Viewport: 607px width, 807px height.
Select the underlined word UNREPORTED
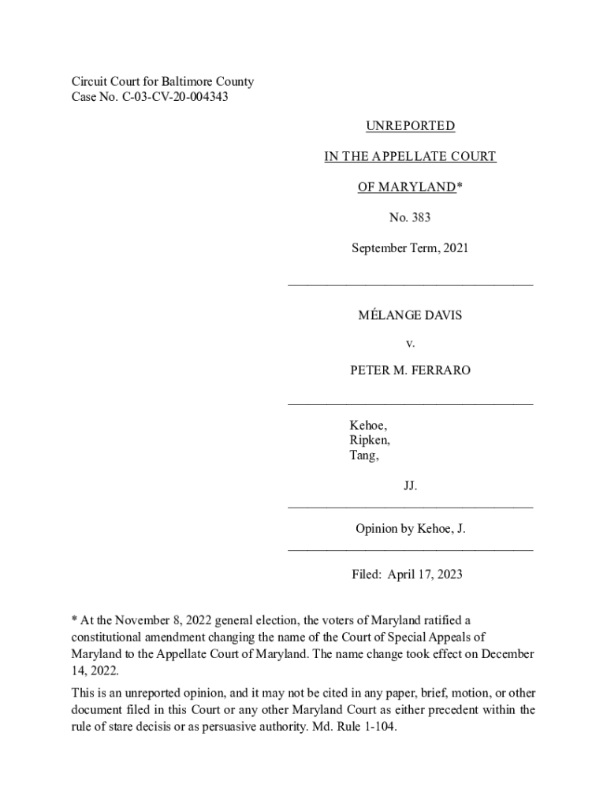click(410, 126)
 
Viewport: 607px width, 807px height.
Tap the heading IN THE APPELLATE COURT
click(410, 157)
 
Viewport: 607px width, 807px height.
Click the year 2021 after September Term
click(456, 248)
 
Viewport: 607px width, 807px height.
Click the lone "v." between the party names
click(410, 344)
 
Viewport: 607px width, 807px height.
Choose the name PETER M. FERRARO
click(410, 370)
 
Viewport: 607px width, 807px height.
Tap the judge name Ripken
click(369, 441)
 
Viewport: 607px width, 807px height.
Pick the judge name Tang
click(363, 456)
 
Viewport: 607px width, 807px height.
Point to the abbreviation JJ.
click(410, 486)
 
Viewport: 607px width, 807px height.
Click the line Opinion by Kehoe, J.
click(410, 530)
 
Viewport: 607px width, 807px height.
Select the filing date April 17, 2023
click(425, 575)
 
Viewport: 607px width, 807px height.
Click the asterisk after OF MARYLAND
click(459, 187)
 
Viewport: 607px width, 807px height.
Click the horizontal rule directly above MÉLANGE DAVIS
click(410, 284)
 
